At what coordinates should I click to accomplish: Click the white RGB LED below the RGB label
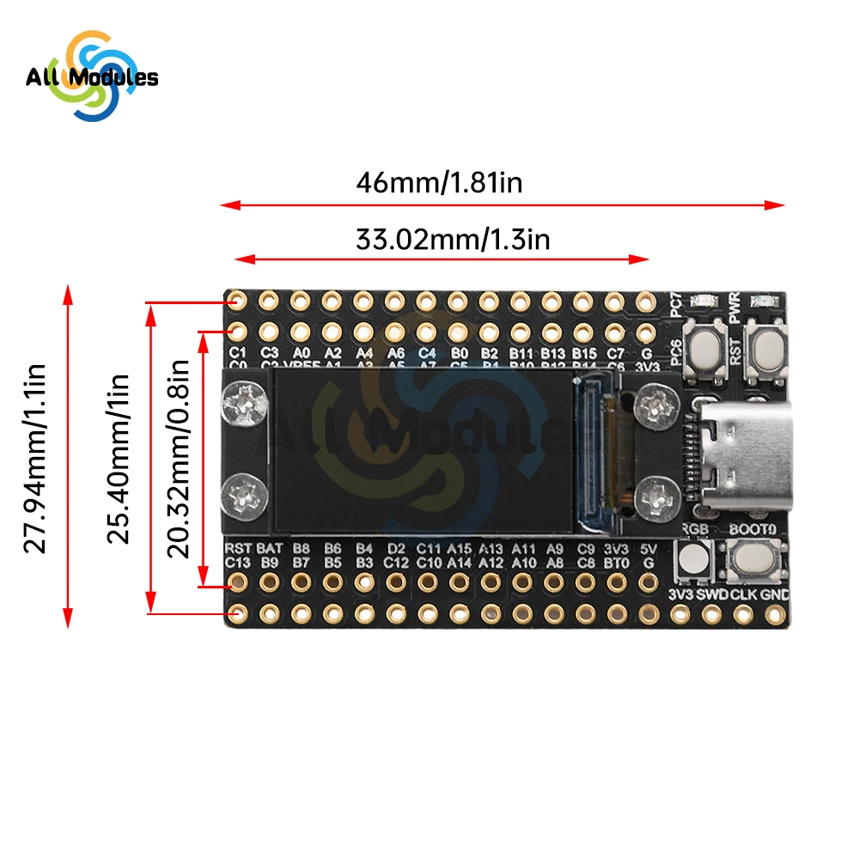click(693, 561)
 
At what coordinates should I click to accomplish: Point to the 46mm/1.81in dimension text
click(440, 183)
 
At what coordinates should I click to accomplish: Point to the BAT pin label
click(270, 548)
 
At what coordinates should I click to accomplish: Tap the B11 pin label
click(521, 353)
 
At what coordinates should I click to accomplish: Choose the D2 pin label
click(396, 548)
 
